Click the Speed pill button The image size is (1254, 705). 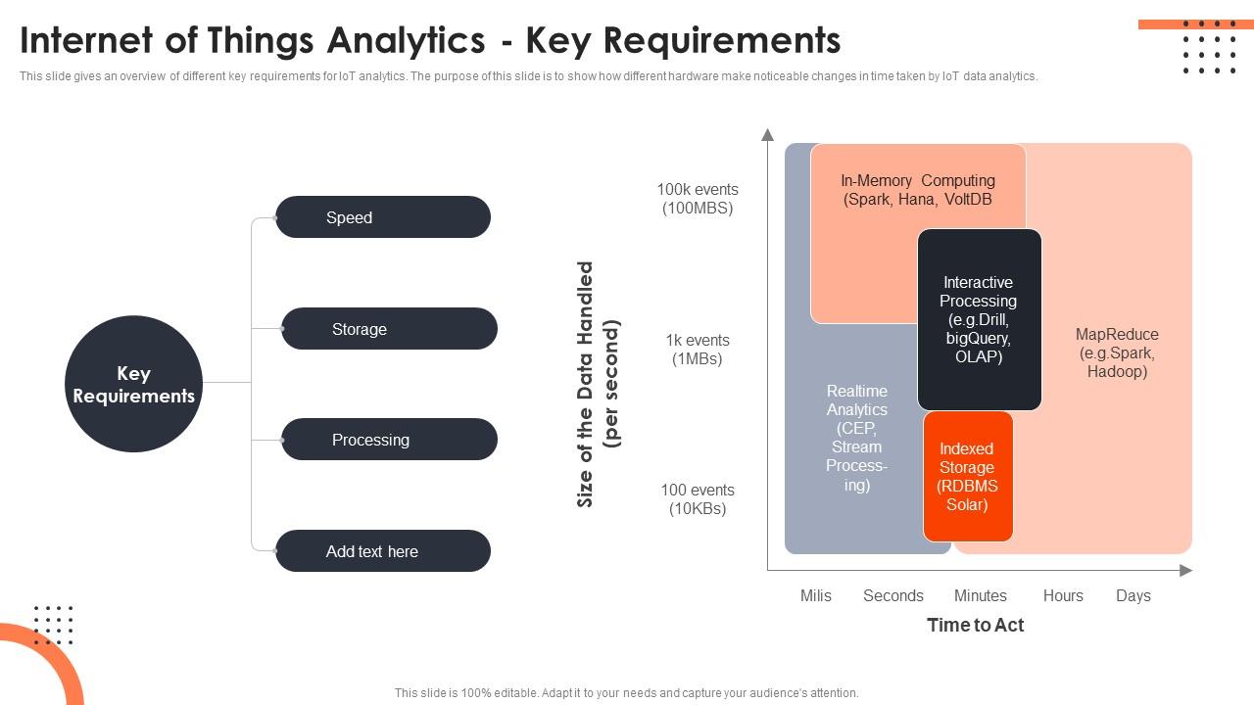click(x=382, y=217)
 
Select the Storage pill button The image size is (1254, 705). click(x=389, y=329)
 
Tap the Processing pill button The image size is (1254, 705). click(x=389, y=440)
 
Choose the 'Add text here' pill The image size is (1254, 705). click(x=382, y=551)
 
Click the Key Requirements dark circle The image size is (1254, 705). click(x=133, y=385)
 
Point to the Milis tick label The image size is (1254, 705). click(x=815, y=595)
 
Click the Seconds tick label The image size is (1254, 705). click(x=892, y=595)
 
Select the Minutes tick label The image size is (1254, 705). click(x=980, y=595)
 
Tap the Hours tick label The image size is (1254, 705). click(x=1063, y=595)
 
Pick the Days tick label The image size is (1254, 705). click(x=1133, y=595)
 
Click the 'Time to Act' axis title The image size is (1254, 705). click(x=975, y=625)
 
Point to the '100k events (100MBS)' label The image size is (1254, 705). click(x=698, y=199)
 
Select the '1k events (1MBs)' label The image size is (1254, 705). click(x=698, y=350)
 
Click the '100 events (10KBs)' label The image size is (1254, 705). click(x=698, y=499)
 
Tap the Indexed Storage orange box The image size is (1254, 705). click(x=967, y=477)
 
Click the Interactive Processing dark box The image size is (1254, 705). click(x=979, y=319)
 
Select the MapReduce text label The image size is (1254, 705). click(x=1117, y=352)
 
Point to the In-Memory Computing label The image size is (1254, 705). click(x=918, y=190)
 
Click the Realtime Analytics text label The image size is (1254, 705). click(x=856, y=438)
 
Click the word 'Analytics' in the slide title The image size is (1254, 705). click(x=406, y=41)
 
